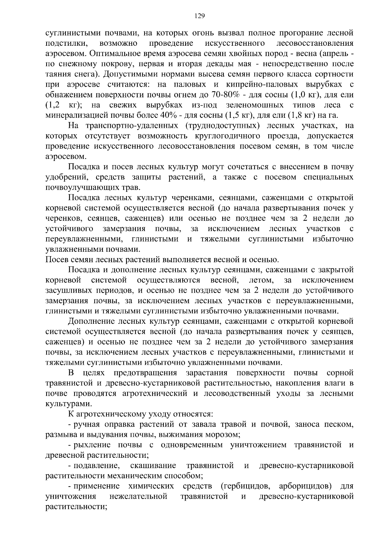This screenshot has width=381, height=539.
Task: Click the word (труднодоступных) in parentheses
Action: [221, 126]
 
